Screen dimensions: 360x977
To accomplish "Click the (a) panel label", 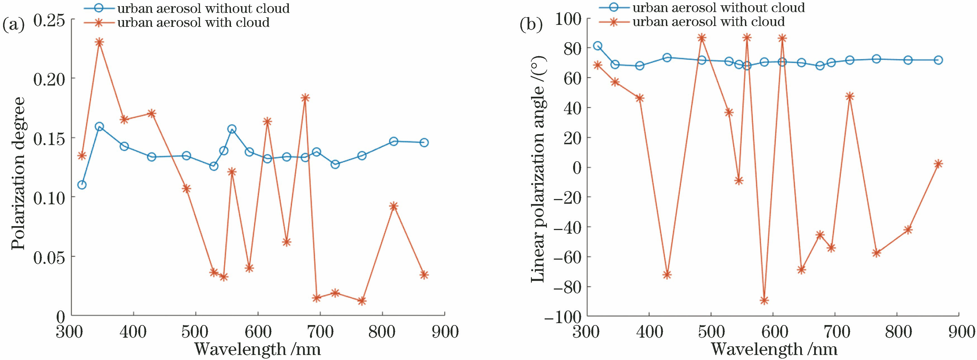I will click(13, 25).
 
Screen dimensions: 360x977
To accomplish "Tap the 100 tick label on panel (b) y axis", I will click(567, 19).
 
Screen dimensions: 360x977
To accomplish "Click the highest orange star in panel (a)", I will click(99, 42).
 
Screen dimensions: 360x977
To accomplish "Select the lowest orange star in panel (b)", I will click(764, 300).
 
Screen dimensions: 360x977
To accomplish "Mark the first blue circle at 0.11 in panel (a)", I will click(82, 185).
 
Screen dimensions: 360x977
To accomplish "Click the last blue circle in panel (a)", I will click(424, 143).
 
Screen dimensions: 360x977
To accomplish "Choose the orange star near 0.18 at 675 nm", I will click(305, 98).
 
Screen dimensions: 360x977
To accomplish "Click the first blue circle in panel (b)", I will click(598, 46).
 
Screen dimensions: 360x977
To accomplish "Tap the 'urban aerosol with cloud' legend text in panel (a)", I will click(194, 23).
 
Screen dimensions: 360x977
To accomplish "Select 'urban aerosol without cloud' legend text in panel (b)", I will click(719, 8).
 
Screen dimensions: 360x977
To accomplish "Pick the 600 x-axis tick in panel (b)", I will click(773, 332).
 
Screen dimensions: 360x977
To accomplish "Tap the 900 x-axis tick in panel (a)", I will click(444, 332).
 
